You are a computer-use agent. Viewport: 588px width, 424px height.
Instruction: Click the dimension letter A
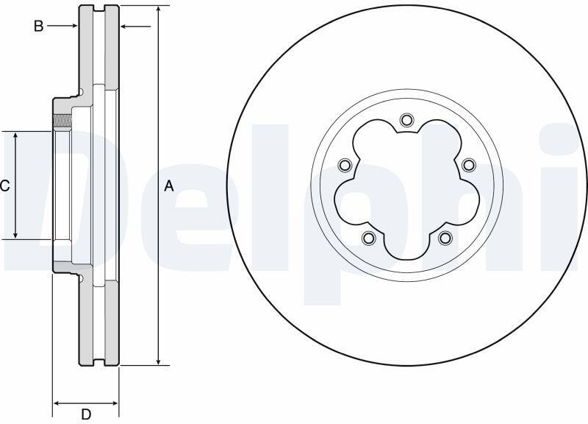(x=169, y=186)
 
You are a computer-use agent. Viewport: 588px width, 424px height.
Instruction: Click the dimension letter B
(x=39, y=26)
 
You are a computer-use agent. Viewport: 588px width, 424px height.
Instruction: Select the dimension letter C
(x=4, y=186)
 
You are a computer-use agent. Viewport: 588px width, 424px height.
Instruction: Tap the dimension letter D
(x=86, y=414)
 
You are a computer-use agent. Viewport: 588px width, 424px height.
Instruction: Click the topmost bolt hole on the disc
(x=406, y=120)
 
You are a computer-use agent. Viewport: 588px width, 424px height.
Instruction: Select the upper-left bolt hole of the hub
(x=344, y=165)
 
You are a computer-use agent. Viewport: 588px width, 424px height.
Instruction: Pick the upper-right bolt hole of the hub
(x=469, y=164)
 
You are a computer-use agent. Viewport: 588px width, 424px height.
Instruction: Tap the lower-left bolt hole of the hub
(x=369, y=237)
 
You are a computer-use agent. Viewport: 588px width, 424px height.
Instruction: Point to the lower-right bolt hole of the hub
(x=445, y=237)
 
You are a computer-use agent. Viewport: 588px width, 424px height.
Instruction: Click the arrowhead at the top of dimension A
(x=159, y=10)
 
